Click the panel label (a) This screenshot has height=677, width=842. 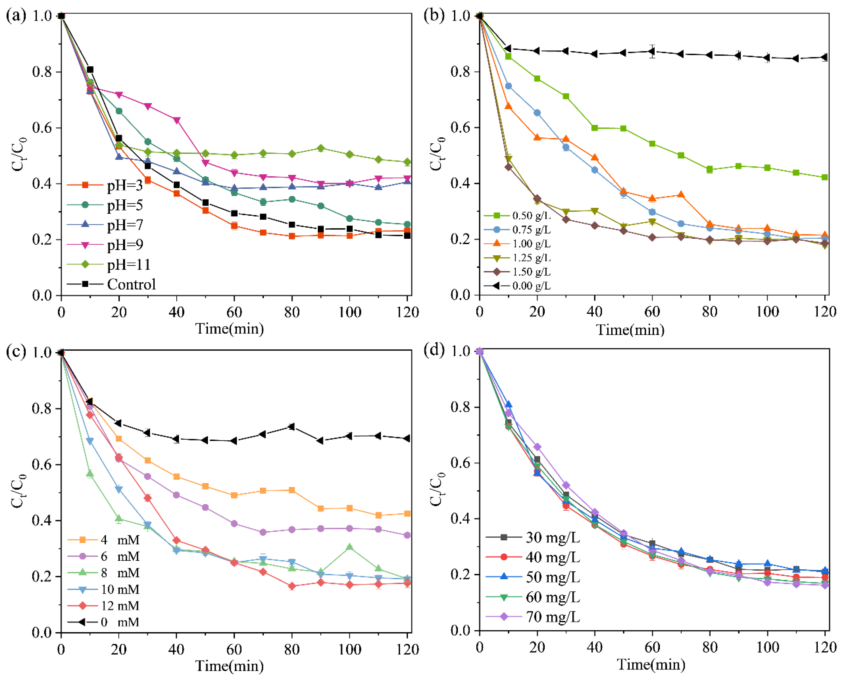(16, 16)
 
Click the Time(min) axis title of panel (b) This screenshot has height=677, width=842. (630, 330)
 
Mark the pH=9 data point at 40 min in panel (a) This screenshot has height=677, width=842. (177, 120)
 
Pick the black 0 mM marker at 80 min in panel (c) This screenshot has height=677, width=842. (291, 426)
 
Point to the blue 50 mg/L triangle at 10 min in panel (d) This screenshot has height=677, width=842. (508, 405)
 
